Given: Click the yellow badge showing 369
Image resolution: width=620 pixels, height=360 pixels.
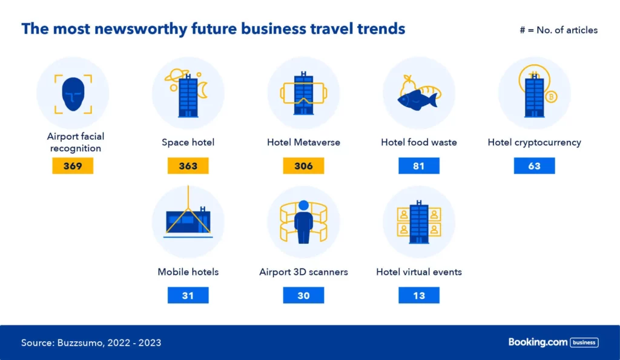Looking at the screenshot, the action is point(73,166).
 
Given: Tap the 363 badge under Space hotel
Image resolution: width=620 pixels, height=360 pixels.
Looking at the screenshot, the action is point(188,166).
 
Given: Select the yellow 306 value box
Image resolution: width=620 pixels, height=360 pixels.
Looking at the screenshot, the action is point(303,166).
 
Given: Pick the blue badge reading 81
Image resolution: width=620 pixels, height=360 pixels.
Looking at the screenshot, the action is point(419,166).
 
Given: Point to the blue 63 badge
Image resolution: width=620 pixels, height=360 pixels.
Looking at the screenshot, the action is point(534,166).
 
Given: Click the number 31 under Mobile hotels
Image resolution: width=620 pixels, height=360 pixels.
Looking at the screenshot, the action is point(188,296).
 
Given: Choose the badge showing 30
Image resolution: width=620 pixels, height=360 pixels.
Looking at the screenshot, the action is point(303,296).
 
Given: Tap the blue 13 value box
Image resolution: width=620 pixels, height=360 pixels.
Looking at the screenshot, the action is point(419,296).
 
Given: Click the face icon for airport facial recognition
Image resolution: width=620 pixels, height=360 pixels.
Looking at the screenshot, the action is point(73,94).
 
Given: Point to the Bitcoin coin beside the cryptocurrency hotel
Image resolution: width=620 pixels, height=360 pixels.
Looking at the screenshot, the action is point(551,96).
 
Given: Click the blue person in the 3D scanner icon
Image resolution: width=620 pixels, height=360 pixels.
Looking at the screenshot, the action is point(304,222).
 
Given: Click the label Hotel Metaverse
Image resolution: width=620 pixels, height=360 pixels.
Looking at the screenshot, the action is point(303,142).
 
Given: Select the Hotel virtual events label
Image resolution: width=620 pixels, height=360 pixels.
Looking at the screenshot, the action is point(419,272).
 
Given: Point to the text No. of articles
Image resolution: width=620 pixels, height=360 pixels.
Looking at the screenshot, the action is point(567,30).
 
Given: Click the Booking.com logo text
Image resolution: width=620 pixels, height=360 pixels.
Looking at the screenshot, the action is point(538,342).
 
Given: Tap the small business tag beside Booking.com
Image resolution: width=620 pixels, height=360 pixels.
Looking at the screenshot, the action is point(584,342).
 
